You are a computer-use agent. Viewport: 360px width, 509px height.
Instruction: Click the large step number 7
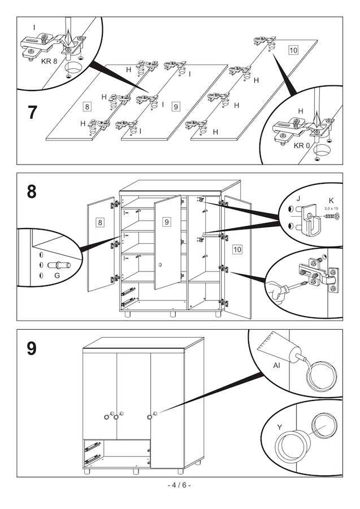32,113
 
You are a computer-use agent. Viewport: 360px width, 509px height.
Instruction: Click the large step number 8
32,192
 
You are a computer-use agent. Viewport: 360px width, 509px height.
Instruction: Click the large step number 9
32,349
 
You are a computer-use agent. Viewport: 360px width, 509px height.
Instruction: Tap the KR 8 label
49,61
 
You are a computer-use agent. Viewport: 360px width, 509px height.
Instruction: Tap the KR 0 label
302,146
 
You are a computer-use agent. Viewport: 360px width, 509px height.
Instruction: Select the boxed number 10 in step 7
293,50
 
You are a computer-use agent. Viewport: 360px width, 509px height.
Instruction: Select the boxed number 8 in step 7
87,106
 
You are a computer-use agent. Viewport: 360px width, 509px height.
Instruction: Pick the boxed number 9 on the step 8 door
166,222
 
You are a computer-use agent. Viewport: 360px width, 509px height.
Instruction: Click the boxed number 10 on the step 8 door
237,249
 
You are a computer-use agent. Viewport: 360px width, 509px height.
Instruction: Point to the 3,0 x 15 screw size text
331,208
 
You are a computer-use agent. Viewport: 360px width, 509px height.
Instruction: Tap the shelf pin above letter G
59,266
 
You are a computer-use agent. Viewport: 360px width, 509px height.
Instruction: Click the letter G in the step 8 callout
57,275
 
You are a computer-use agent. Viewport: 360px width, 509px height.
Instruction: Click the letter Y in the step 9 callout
279,427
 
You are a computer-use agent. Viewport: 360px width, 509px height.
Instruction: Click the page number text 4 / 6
179,485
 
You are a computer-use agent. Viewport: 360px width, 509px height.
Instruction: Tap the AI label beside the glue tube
276,365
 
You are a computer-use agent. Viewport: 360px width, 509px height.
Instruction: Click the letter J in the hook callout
298,199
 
